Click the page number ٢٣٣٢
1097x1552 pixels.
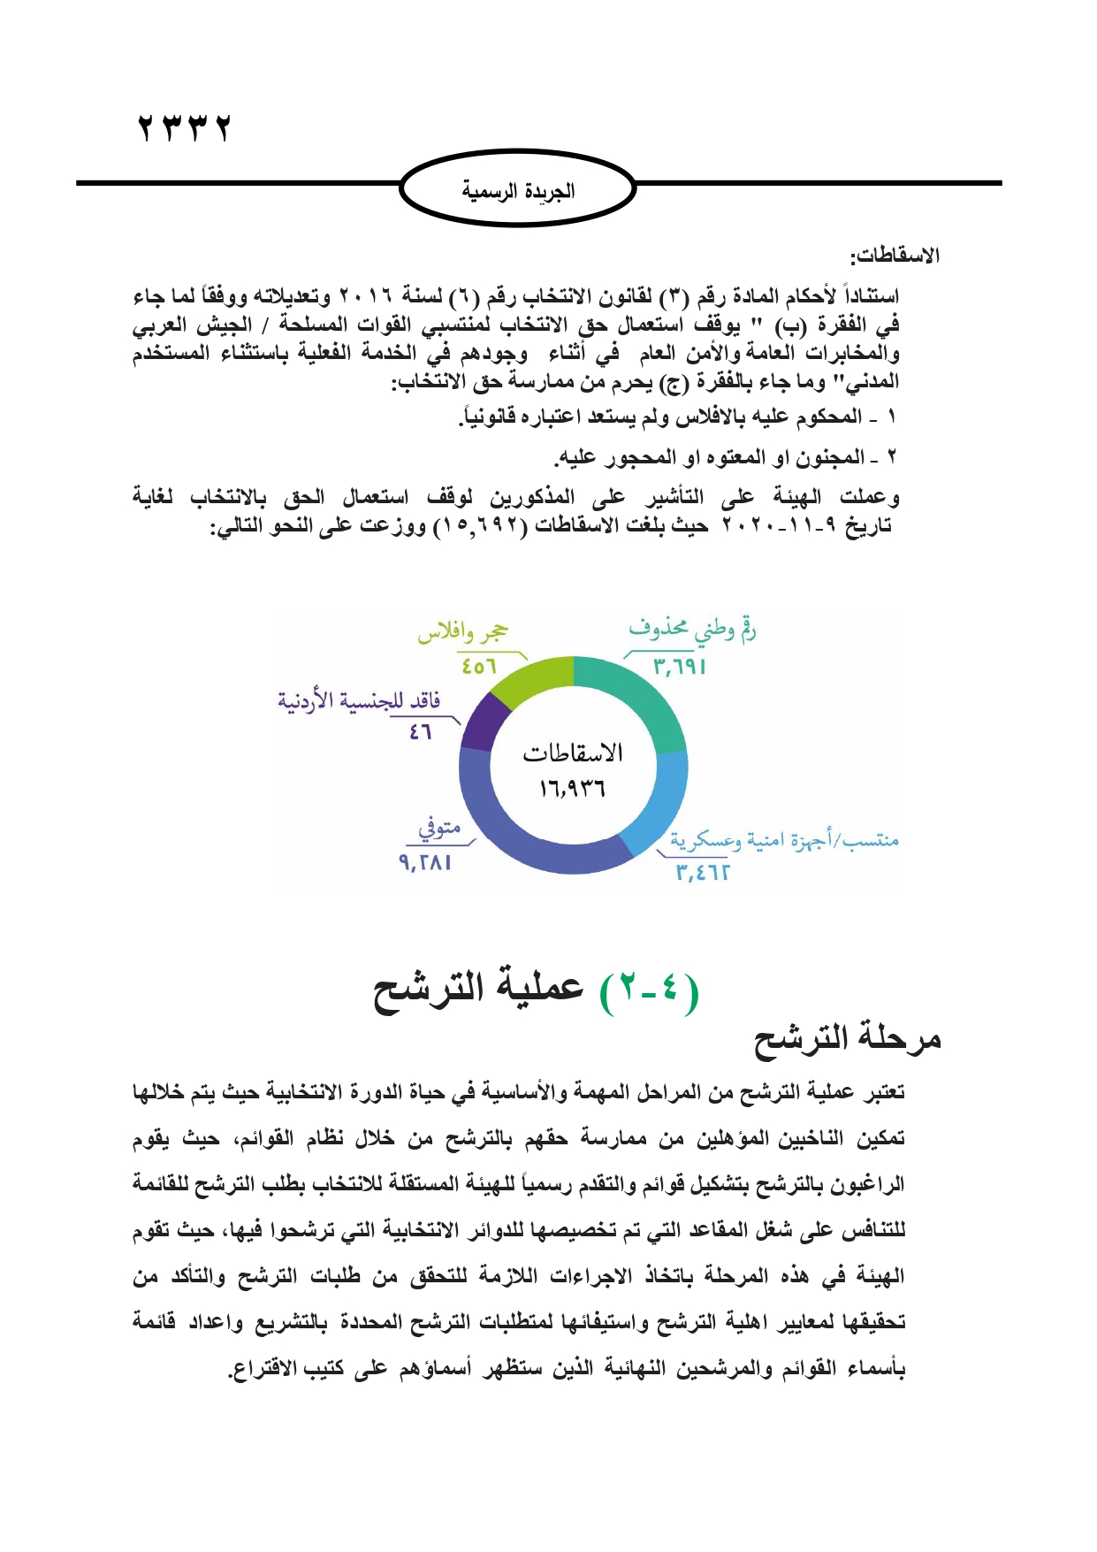[x=184, y=129]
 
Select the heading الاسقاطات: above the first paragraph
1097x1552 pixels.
[x=895, y=256]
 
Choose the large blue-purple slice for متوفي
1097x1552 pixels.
[x=522, y=840]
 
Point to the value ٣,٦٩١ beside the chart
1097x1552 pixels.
[x=679, y=667]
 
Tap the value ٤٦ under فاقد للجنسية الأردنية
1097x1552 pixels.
[x=421, y=732]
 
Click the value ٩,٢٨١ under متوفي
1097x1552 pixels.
[x=426, y=862]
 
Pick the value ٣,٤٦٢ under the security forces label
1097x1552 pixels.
[x=703, y=873]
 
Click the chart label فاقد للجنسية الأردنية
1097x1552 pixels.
[x=359, y=701]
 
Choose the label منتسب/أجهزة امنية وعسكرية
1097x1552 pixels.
[x=784, y=839]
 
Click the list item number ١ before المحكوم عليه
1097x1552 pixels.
[x=891, y=417]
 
